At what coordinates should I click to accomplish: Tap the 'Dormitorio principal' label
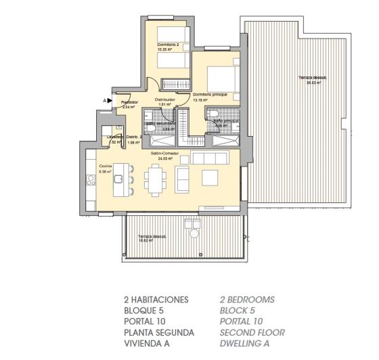[209, 95]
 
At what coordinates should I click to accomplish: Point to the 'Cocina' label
[105, 166]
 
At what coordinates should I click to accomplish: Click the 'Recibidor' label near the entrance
[129, 102]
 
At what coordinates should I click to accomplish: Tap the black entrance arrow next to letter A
[109, 100]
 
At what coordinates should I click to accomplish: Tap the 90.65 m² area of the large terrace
[313, 83]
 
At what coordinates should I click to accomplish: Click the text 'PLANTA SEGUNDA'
[159, 332]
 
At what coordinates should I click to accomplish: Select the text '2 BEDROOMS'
[247, 300]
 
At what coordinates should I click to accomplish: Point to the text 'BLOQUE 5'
[144, 311]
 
